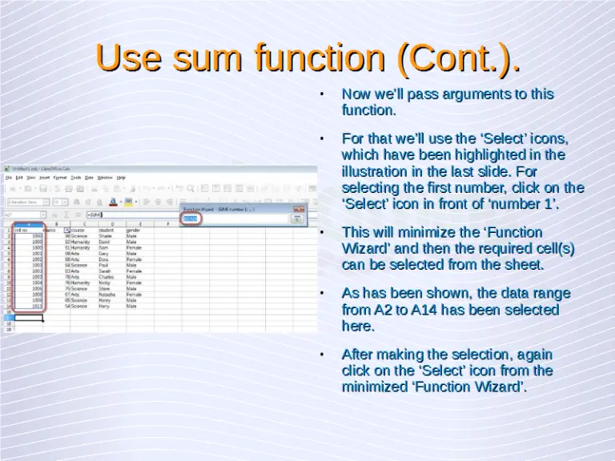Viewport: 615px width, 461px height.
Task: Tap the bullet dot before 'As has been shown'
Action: [321, 293]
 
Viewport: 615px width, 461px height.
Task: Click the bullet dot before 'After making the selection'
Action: [321, 354]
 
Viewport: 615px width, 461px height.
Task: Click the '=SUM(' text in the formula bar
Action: [94, 214]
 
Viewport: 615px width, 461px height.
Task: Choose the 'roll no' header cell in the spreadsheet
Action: [22, 230]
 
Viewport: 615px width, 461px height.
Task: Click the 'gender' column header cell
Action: [133, 230]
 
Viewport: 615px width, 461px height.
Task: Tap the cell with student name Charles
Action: [107, 276]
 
